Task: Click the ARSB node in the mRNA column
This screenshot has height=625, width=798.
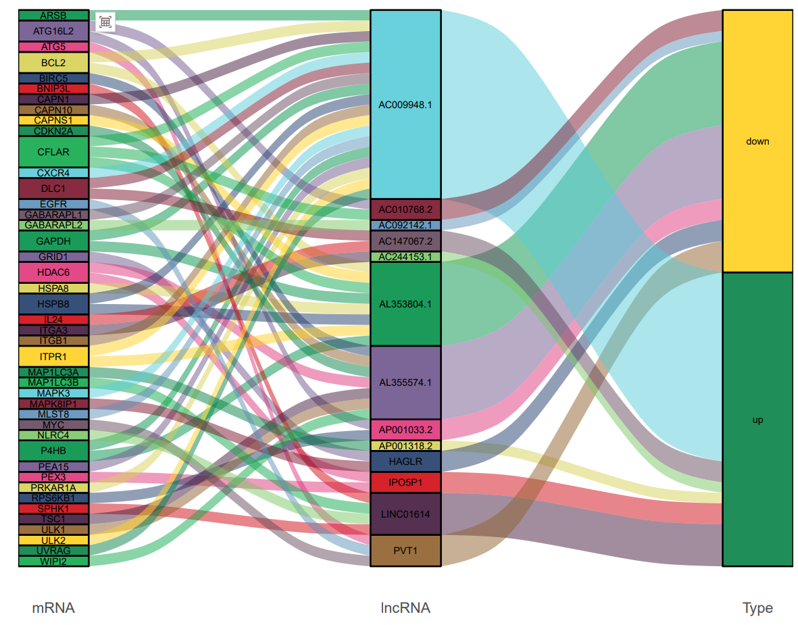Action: pos(53,15)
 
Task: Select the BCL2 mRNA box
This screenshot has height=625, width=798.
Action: pos(53,63)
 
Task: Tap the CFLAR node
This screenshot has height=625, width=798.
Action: pos(53,152)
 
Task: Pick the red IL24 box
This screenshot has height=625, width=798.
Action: pos(53,320)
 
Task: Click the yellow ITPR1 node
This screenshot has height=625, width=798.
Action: pos(53,356)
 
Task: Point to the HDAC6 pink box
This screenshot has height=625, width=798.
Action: pos(53,272)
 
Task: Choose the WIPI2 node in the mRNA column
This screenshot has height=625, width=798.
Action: pos(53,561)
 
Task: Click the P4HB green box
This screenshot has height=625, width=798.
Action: pos(53,450)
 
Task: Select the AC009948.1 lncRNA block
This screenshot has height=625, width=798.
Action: pos(405,105)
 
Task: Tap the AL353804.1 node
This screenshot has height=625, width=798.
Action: pos(405,304)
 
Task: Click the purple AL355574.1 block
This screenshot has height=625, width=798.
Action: pos(405,382)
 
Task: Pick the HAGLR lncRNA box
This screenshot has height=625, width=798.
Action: pos(405,461)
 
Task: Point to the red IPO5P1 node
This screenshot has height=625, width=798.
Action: pos(405,482)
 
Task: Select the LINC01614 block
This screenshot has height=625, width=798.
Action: pos(405,514)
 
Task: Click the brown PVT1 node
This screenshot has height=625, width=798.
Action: pos(405,551)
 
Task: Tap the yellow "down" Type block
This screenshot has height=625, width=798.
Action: pos(757,141)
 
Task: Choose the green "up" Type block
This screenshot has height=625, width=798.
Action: pos(757,420)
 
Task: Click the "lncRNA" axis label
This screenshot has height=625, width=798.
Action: pos(405,608)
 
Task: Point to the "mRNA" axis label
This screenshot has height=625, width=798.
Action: pos(53,608)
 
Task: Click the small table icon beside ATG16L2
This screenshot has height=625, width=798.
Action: pos(105,22)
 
